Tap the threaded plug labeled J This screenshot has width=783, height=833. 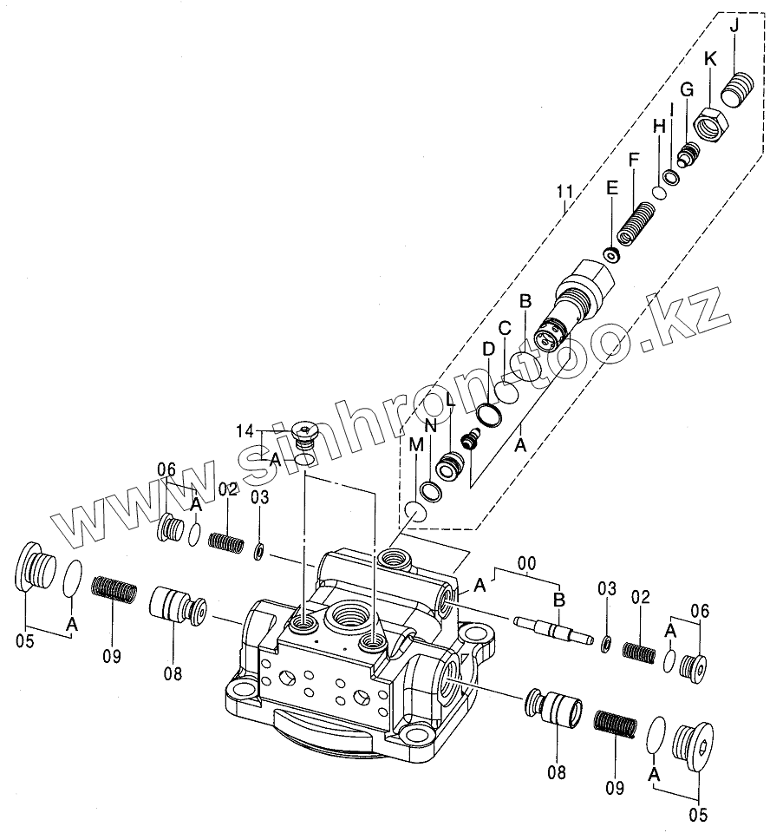[x=738, y=89]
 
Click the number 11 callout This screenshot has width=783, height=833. [x=565, y=192]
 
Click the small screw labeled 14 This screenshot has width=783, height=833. [x=304, y=430]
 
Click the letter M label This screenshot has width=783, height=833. [x=417, y=444]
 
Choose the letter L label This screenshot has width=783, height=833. [x=450, y=400]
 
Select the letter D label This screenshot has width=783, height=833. [x=488, y=348]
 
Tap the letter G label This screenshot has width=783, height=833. [x=686, y=89]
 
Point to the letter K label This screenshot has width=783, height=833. [x=710, y=59]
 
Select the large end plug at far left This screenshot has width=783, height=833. [x=37, y=572]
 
